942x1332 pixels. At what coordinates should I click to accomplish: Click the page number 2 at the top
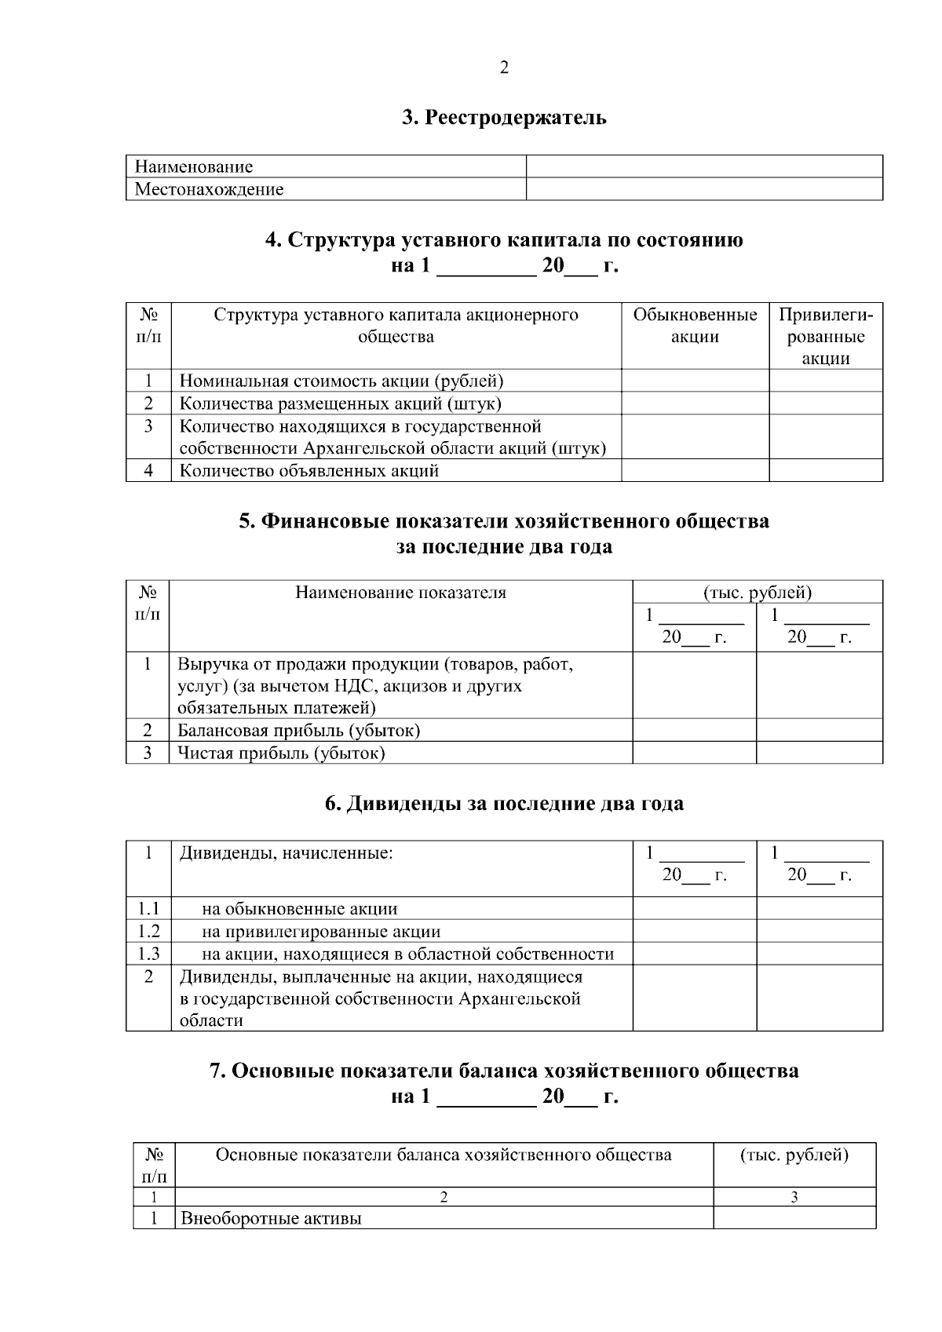click(504, 68)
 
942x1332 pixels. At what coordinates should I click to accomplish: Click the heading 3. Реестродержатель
click(504, 118)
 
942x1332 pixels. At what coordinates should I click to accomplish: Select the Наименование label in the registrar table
click(194, 166)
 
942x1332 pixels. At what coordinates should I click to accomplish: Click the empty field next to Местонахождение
click(704, 189)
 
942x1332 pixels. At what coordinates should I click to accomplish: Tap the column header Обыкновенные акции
click(695, 326)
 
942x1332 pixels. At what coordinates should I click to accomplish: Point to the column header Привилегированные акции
click(825, 336)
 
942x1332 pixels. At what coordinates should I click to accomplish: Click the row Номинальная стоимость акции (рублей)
click(341, 381)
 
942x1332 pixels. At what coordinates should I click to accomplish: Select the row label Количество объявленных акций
click(309, 471)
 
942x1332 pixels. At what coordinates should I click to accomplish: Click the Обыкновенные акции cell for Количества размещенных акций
click(695, 403)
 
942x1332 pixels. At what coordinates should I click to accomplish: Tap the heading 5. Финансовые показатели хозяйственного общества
click(504, 521)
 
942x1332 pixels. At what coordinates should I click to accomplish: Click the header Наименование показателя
click(400, 593)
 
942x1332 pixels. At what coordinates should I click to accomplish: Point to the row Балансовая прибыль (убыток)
click(299, 731)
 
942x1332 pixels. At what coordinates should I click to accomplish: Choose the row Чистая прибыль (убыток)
click(281, 754)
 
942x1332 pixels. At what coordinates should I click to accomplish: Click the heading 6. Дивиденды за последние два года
click(504, 804)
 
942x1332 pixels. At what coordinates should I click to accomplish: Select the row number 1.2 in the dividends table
click(148, 932)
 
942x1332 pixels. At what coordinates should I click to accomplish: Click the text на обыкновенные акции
click(300, 909)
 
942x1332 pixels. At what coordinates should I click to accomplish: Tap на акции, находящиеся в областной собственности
click(407, 954)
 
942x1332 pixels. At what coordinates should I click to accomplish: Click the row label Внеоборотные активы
click(272, 1219)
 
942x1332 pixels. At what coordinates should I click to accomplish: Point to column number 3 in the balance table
click(794, 1197)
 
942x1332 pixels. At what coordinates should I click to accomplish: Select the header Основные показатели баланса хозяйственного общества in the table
click(444, 1155)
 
